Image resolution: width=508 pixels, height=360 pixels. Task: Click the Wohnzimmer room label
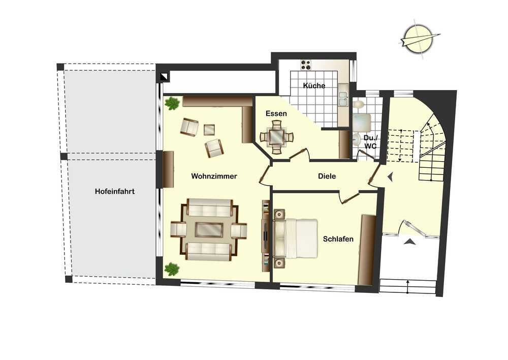(214, 176)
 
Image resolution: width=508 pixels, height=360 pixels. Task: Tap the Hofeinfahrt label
(115, 191)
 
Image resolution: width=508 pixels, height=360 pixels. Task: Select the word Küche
(314, 85)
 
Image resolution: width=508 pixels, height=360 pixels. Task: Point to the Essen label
(276, 113)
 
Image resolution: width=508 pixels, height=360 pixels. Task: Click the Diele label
(327, 176)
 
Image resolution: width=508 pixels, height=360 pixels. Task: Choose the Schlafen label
(338, 239)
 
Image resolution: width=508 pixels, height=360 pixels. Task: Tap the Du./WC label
(370, 142)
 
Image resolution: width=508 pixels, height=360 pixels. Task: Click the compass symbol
(419, 40)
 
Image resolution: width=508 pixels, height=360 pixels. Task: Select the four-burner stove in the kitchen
(305, 65)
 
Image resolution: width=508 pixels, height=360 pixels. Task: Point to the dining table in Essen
(277, 137)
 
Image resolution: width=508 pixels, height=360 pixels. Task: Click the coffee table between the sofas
(209, 230)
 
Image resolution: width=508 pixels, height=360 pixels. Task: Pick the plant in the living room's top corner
(172, 104)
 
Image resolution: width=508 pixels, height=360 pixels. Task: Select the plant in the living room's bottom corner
(172, 269)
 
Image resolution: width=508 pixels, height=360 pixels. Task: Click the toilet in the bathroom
(358, 105)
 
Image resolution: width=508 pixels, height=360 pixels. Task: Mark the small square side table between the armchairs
(209, 130)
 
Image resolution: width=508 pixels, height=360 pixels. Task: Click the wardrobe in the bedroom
(368, 250)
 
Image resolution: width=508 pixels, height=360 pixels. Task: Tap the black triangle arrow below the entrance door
(410, 242)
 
